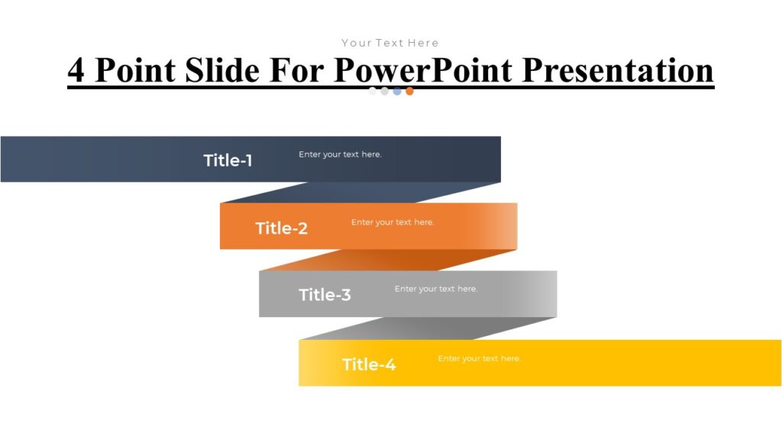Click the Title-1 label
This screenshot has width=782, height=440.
click(x=228, y=160)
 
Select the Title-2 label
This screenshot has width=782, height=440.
click(x=281, y=228)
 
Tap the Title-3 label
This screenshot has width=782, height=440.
click(x=325, y=295)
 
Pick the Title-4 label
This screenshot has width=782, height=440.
click(x=369, y=364)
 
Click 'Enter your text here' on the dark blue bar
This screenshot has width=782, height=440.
click(x=340, y=154)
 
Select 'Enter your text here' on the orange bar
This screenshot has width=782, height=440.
click(x=393, y=222)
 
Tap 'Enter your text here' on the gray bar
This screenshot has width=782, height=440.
click(x=436, y=289)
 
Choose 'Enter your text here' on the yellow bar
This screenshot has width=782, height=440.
click(x=480, y=358)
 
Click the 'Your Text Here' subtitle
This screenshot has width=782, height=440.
click(x=390, y=43)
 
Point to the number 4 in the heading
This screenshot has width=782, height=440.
click(x=76, y=70)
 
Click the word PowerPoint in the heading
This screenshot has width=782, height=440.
click(x=424, y=70)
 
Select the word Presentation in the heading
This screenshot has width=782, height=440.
click(x=619, y=70)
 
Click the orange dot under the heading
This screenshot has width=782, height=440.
click(x=409, y=91)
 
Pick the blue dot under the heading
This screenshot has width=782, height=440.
click(x=397, y=91)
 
